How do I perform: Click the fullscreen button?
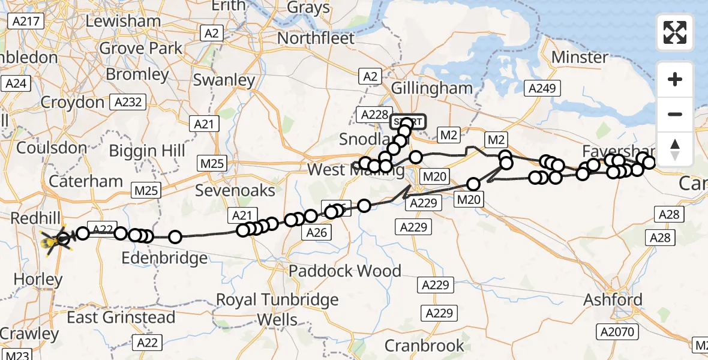click(x=675, y=32)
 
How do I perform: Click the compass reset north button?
click(x=675, y=149)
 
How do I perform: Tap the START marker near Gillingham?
click(x=408, y=122)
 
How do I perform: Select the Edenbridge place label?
click(x=164, y=259)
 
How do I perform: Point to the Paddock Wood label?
click(x=344, y=271)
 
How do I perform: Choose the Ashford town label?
click(x=612, y=299)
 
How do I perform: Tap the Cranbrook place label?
click(x=424, y=346)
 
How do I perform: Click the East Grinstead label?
click(x=121, y=317)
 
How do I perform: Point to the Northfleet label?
click(x=316, y=38)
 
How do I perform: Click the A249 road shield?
click(x=542, y=89)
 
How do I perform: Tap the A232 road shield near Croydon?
click(x=128, y=102)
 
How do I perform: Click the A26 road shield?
click(x=316, y=232)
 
